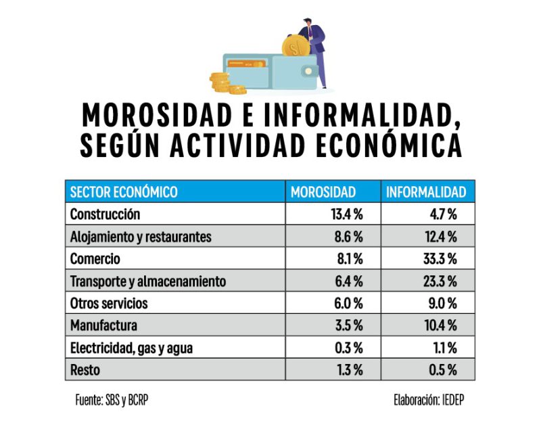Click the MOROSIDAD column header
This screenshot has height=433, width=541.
point(323,192)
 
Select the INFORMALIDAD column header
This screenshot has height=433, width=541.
point(426,192)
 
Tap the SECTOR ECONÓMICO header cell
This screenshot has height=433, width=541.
point(124,192)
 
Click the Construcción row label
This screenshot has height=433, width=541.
point(105,214)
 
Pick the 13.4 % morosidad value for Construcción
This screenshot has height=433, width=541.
point(347,214)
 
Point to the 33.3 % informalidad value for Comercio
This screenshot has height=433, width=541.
point(442,258)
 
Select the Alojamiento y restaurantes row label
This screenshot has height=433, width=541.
point(141,237)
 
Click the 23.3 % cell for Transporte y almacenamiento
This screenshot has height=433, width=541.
point(442,281)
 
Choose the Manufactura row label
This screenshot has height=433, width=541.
point(103,325)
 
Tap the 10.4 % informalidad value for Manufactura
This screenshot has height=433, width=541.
point(442,325)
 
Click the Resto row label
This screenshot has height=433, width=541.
point(85,370)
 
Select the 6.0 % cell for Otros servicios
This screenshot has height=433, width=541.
point(349,303)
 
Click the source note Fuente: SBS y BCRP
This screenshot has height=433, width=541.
point(111,400)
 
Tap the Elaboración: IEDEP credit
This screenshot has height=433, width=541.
point(429,400)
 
